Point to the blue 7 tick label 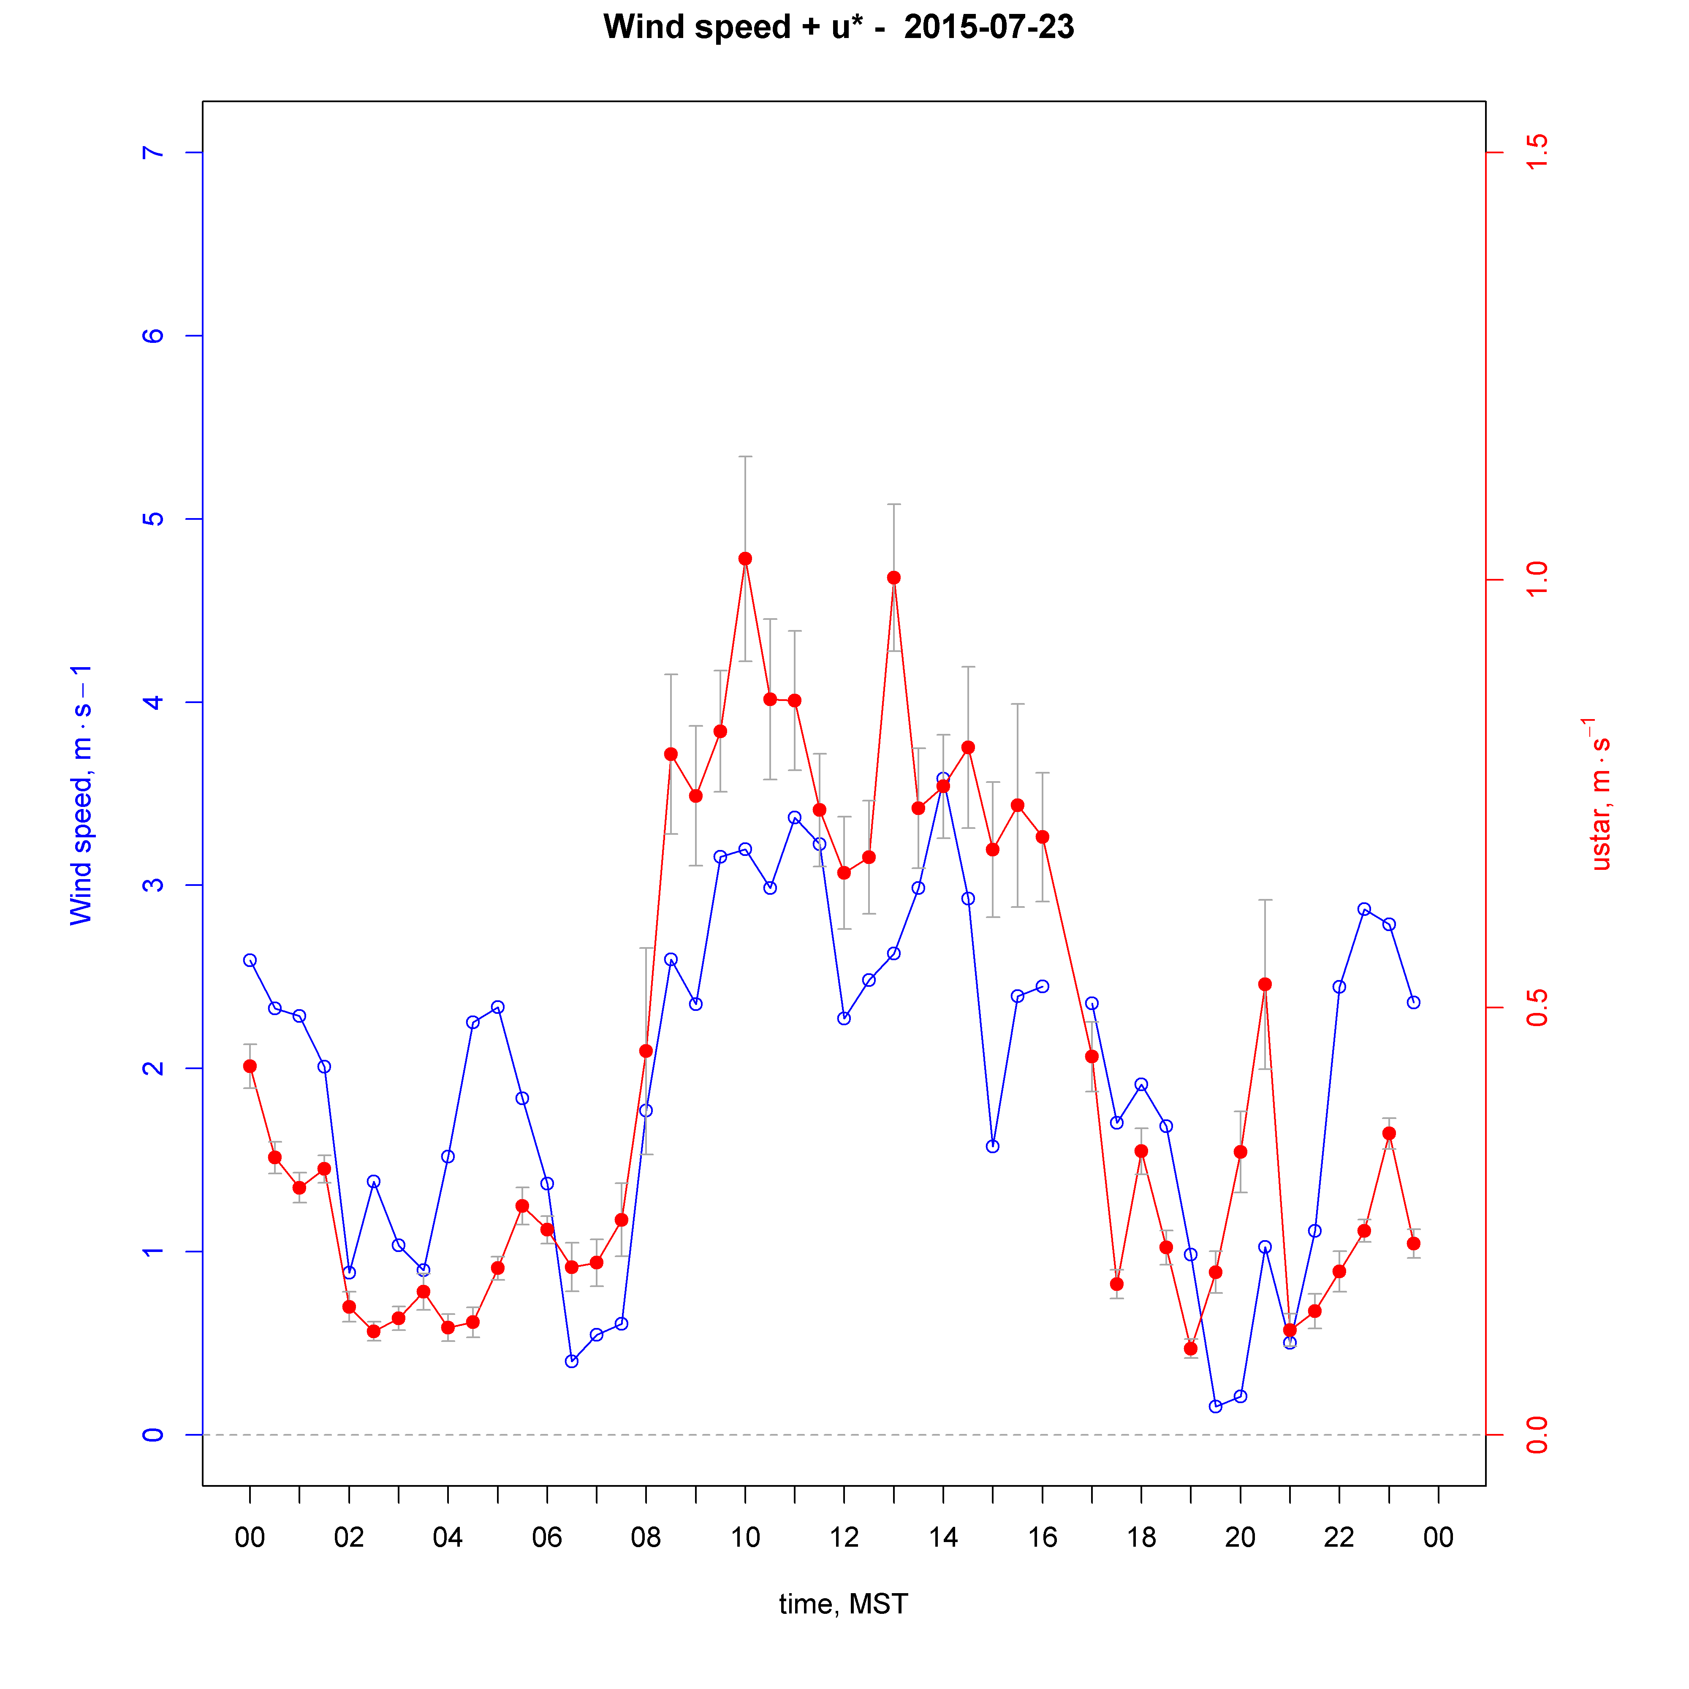[x=153, y=153]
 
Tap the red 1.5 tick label [x=1536, y=153]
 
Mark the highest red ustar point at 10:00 [x=745, y=559]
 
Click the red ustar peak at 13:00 [x=893, y=578]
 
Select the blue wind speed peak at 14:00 [x=942, y=778]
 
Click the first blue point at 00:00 [x=250, y=960]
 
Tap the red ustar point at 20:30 [x=1265, y=984]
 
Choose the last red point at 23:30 [x=1414, y=1243]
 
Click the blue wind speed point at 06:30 [x=572, y=1361]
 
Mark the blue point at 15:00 [x=992, y=1146]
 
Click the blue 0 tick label [x=153, y=1435]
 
